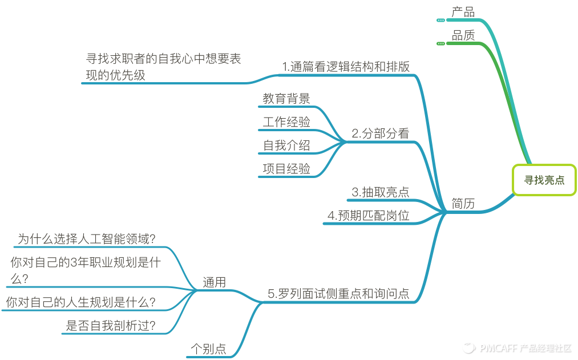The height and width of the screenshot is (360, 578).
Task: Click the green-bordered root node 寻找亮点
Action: [544, 180]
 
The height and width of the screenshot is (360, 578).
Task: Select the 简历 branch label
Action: [463, 204]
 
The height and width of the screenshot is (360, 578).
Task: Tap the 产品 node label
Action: [463, 12]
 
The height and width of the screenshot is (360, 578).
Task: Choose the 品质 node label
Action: [463, 35]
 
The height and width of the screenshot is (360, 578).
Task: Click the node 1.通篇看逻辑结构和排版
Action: [346, 66]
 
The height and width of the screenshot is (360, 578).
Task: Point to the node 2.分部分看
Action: [380, 134]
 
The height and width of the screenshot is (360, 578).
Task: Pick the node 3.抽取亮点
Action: [380, 192]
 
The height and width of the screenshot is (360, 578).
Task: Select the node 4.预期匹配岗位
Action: [368, 216]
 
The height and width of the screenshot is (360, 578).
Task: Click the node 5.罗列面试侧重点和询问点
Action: [338, 294]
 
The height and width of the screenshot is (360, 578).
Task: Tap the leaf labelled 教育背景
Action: [286, 98]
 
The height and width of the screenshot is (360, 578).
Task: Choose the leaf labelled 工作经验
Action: [286, 122]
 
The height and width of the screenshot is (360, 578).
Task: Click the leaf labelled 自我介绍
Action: [286, 145]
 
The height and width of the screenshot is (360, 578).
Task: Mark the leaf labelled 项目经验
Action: [286, 168]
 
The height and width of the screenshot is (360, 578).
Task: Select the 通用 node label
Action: [214, 282]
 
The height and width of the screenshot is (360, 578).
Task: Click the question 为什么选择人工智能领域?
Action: [87, 239]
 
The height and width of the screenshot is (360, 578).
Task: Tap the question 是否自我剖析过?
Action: [111, 326]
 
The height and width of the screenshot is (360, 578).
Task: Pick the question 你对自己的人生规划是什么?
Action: [81, 302]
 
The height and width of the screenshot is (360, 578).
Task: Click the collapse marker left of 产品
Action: [440, 20]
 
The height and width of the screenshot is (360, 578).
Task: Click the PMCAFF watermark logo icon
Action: [469, 347]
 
